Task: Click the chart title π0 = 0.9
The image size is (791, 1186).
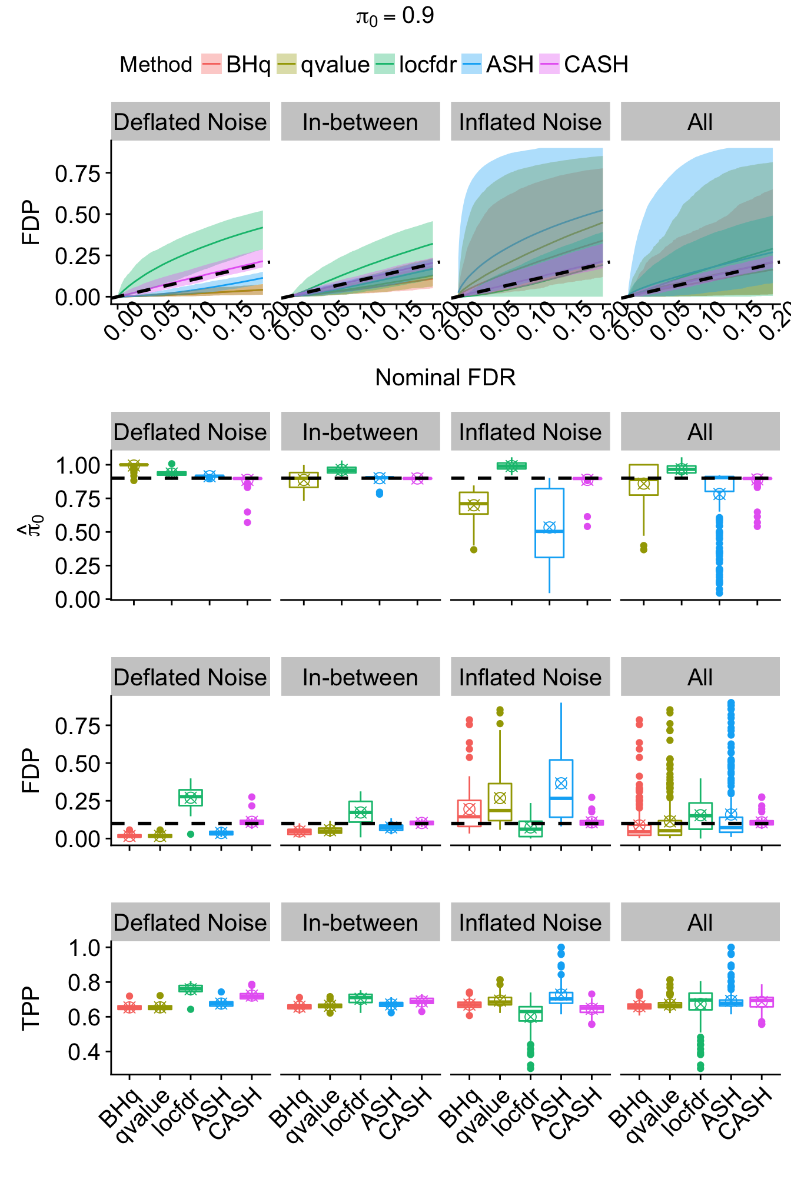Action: click(x=395, y=16)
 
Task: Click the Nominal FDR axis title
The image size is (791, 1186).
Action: click(x=445, y=378)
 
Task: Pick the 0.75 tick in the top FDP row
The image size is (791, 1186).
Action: click(x=78, y=174)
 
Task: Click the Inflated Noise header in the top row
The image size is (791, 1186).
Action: click(x=530, y=122)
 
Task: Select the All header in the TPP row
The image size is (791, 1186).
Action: click(x=700, y=922)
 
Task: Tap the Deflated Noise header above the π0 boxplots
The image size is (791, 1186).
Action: click(x=190, y=432)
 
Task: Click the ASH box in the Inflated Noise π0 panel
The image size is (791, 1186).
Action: click(x=549, y=522)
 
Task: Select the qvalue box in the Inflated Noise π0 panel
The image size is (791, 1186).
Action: click(x=474, y=503)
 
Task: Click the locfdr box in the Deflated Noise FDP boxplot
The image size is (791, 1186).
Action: click(x=191, y=797)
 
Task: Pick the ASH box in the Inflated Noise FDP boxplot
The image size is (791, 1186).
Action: click(x=561, y=788)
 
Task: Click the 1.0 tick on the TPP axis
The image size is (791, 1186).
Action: click(x=85, y=948)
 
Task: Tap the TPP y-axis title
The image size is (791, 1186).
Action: click(x=31, y=1008)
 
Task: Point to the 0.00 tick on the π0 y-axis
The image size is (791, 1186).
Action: click(x=78, y=599)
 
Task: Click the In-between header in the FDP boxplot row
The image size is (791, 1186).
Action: click(x=360, y=677)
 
